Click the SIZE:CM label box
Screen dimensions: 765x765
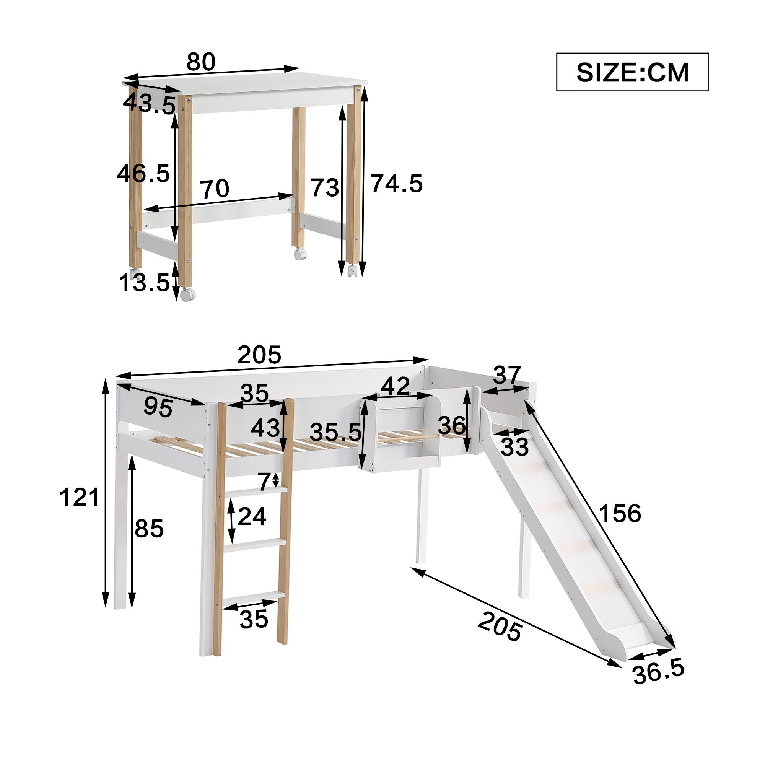(632, 72)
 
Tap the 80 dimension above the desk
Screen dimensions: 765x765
(201, 62)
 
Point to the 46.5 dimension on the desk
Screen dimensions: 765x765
(143, 173)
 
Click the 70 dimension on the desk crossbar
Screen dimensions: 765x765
(215, 189)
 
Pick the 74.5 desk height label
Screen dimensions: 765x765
(397, 184)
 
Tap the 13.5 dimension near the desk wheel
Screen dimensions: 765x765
(145, 283)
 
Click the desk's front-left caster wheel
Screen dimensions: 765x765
(187, 295)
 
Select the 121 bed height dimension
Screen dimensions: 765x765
(79, 498)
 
